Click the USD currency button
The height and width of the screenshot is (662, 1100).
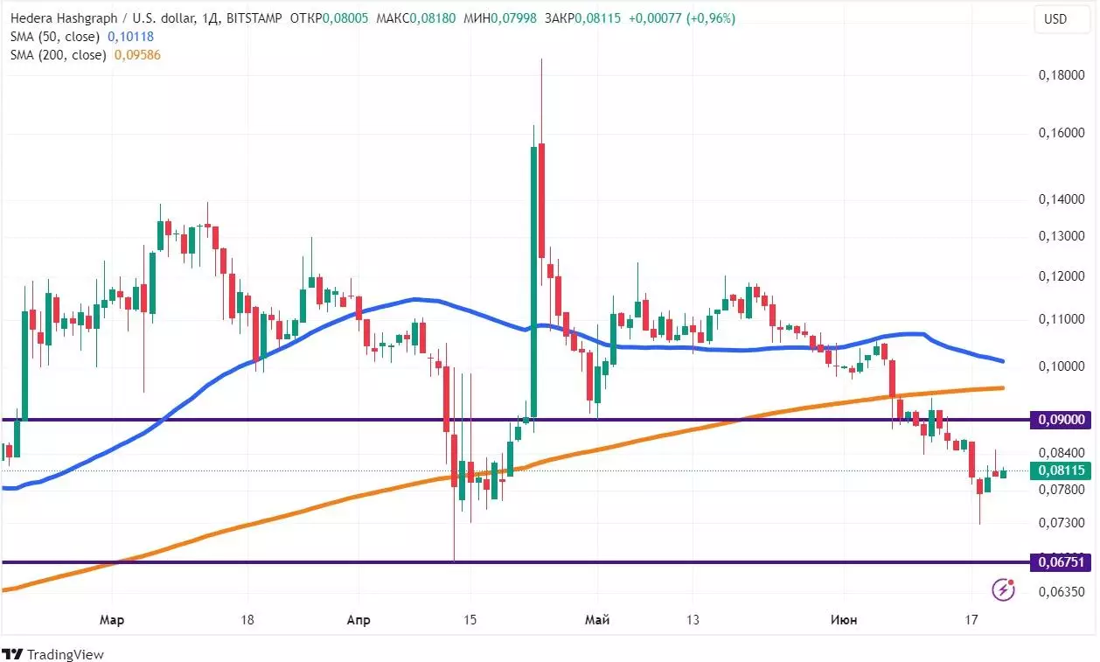tap(1055, 19)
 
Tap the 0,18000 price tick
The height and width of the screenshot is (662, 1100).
tap(1062, 76)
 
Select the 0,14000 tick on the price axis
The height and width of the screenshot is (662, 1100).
tap(1062, 200)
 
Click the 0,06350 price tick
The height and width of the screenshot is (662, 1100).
tap(1062, 592)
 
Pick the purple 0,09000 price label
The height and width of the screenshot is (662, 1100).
tap(1062, 420)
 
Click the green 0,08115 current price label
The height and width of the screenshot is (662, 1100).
tap(1062, 470)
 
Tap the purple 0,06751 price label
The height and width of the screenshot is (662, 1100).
tap(1062, 562)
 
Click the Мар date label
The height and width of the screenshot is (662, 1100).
tap(112, 620)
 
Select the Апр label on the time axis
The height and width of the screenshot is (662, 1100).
tap(359, 620)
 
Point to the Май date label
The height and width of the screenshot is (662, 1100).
tap(597, 620)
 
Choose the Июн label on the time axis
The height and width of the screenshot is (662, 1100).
tap(843, 620)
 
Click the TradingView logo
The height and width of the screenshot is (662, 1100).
tap(53, 654)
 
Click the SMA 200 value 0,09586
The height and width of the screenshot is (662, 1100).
tap(137, 54)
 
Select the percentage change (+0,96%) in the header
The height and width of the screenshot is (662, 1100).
tap(710, 18)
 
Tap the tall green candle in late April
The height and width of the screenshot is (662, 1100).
tap(533, 280)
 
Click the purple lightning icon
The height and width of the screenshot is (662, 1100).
tap(1003, 590)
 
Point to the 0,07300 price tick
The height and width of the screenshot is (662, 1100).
tap(1062, 523)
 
